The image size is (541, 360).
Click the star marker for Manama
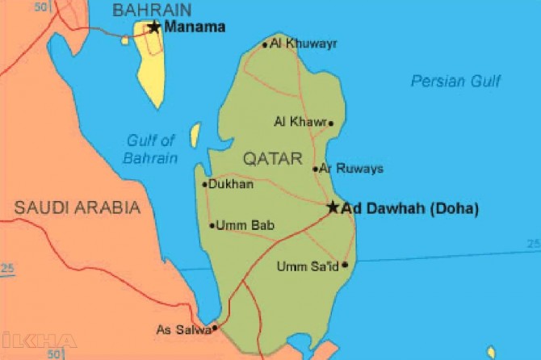(x=154, y=27)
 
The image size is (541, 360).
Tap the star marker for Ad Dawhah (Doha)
(x=333, y=207)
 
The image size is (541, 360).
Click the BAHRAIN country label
(x=152, y=10)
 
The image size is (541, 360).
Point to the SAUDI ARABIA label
(x=78, y=207)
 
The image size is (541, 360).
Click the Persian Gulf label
(x=455, y=81)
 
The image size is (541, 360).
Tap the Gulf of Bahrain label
(x=150, y=149)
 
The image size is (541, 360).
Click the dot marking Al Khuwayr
(x=265, y=45)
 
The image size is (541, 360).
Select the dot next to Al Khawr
(x=330, y=123)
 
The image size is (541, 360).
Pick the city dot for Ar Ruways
(x=316, y=170)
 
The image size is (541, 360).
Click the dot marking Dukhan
(x=204, y=185)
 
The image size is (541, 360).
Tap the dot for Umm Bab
(x=212, y=226)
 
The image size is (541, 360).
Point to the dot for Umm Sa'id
(x=345, y=265)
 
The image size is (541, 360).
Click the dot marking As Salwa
(x=214, y=329)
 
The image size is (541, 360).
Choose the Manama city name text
(x=195, y=27)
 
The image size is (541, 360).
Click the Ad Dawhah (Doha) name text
(x=410, y=208)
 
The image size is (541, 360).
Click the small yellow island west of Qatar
(x=195, y=135)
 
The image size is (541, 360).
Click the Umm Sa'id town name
(x=308, y=266)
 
